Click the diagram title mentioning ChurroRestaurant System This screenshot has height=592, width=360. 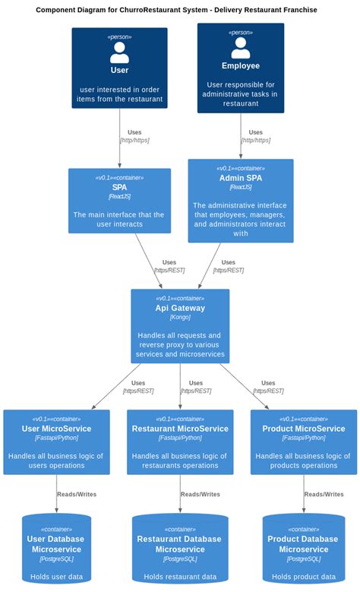tap(176, 10)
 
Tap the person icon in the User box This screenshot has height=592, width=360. tap(119, 52)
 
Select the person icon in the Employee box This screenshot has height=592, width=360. tap(240, 47)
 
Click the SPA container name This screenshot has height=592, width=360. tap(119, 187)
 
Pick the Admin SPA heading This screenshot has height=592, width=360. tap(240, 178)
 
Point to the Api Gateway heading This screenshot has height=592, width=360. tap(180, 308)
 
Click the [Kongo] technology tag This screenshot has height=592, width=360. tap(180, 317)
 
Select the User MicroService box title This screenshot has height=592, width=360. tap(56, 429)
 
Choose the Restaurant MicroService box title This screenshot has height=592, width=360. tap(180, 429)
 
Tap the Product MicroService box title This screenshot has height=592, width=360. tap(304, 429)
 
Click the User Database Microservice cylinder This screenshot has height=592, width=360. tap(56, 551)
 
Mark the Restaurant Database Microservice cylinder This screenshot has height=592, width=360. tap(180, 551)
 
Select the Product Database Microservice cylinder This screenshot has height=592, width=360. tap(304, 551)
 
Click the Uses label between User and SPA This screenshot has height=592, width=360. tap(134, 132)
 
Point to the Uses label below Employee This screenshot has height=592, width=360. tap(255, 132)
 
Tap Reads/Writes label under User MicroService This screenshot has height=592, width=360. tap(76, 494)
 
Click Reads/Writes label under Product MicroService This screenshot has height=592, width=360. tap(324, 494)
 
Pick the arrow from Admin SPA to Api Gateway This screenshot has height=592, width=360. tap(210, 266)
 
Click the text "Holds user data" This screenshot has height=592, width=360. tap(56, 577)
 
